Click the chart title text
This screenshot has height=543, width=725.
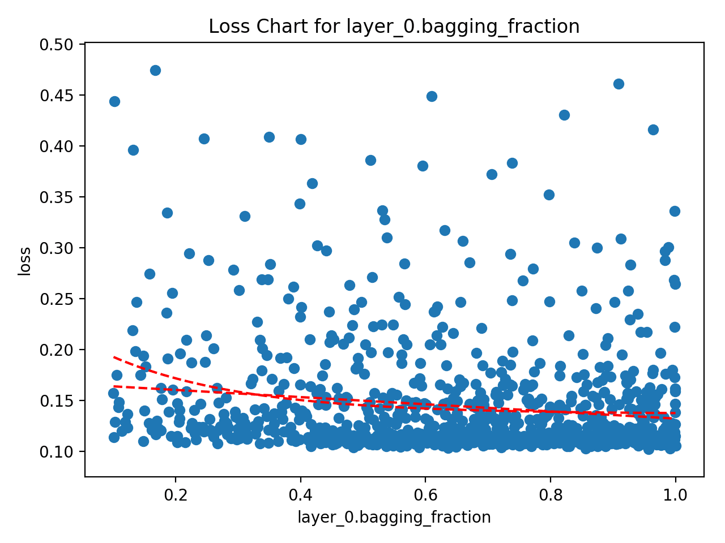tap(394, 27)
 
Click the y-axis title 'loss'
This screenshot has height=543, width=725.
tap(24, 261)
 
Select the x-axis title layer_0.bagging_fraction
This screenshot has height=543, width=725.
tap(394, 517)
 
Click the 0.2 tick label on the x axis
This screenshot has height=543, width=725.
tap(176, 496)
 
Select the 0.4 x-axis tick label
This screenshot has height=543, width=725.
tap(300, 496)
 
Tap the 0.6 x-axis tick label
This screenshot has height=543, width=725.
tap(425, 496)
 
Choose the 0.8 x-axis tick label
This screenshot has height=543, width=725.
tap(551, 496)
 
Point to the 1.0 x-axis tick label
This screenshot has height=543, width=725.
tap(675, 496)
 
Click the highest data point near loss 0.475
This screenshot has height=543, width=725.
tap(155, 70)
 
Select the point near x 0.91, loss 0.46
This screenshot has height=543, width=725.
tap(619, 84)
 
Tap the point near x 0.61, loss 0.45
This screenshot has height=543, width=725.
tap(432, 96)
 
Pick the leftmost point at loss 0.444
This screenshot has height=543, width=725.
tap(114, 101)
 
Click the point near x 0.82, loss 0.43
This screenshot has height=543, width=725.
tap(564, 115)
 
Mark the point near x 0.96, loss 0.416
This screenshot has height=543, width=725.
tap(653, 130)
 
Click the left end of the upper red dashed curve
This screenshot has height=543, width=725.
tap(114, 357)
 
